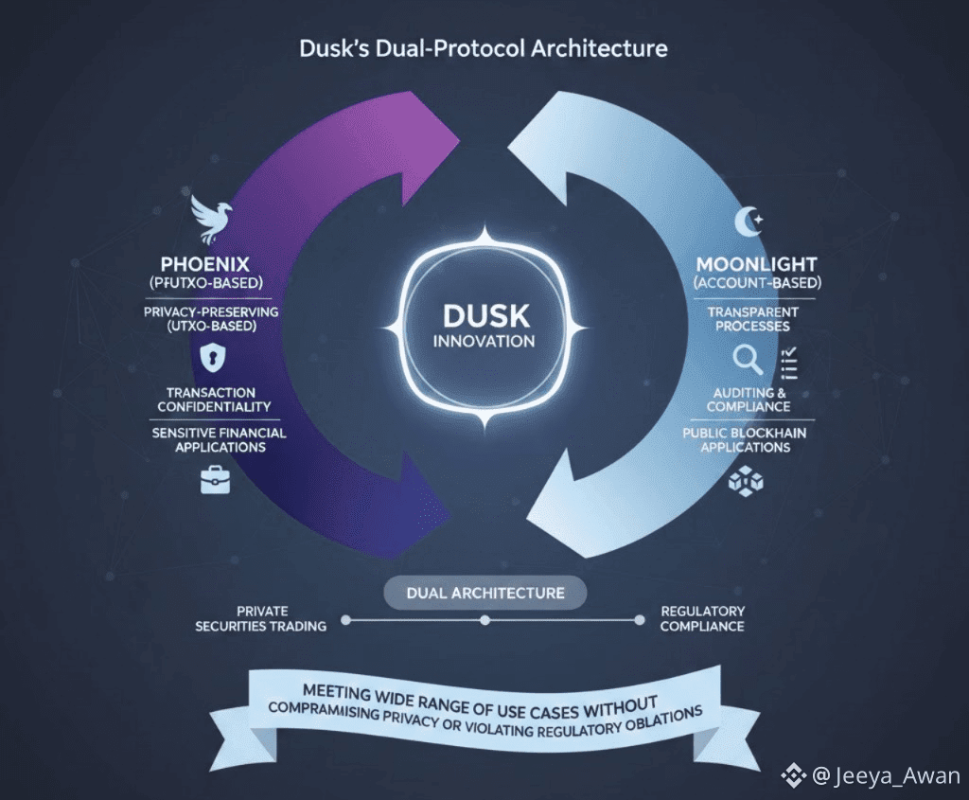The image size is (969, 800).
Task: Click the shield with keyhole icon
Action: (210, 356)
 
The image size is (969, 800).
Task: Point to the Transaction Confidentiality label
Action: (210, 400)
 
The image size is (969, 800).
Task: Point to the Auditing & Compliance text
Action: (748, 400)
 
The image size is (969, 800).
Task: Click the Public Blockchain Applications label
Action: (745, 439)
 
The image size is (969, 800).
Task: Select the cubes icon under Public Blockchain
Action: (746, 480)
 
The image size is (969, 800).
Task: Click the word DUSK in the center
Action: (484, 315)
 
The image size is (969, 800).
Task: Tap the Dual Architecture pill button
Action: (484, 594)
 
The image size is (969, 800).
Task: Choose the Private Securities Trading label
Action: (261, 619)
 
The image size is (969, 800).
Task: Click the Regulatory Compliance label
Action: (702, 619)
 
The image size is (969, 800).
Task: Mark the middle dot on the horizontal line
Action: (484, 620)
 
